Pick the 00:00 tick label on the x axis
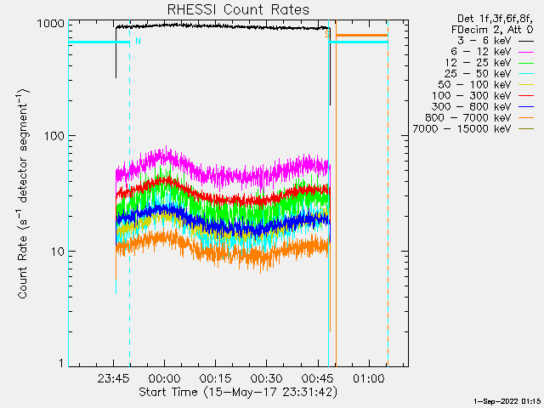point(164,377)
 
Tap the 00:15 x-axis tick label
point(215,377)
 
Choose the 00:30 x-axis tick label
point(266,377)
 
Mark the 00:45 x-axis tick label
point(317,377)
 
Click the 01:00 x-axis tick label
point(368,377)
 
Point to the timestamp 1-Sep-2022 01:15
point(507,399)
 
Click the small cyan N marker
point(138,40)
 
